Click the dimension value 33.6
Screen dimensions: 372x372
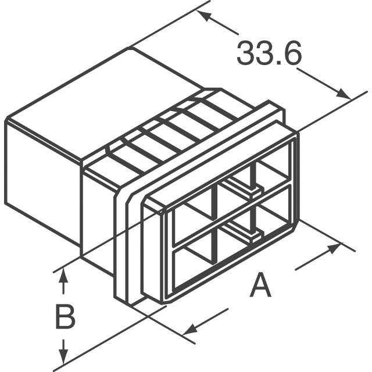coord(269,53)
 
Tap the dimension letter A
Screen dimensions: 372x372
coord(260,285)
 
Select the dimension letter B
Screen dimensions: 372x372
coord(65,317)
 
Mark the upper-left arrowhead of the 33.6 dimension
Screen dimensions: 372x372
coord(203,15)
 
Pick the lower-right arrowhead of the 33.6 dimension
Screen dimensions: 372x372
coord(344,94)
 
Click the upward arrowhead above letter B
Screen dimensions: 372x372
coord(63,275)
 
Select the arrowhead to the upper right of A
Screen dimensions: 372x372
coord(335,248)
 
